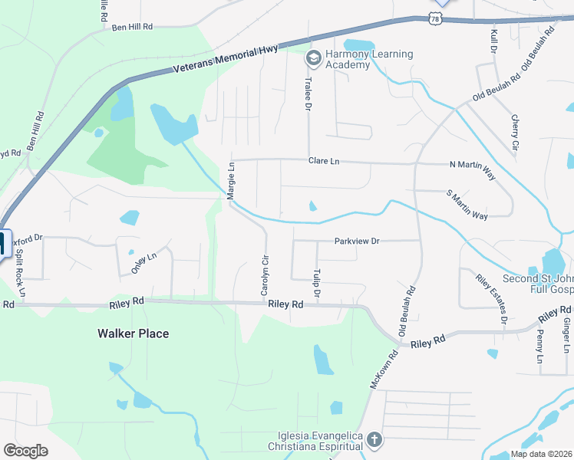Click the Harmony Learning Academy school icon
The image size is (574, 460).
pos(313,58)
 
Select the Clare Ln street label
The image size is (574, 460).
pos(323,162)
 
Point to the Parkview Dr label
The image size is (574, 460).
pos(357,241)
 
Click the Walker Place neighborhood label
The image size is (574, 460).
pos(133,333)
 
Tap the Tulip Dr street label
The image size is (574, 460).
pos(316,283)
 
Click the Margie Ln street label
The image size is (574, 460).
pos(230,182)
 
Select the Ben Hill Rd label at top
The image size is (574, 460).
pos(132,27)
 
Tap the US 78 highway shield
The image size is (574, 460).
pos(435,18)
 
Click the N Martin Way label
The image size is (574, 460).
pos(472,164)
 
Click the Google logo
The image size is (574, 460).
pos(25,450)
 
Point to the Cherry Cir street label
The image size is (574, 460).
pos(515,133)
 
